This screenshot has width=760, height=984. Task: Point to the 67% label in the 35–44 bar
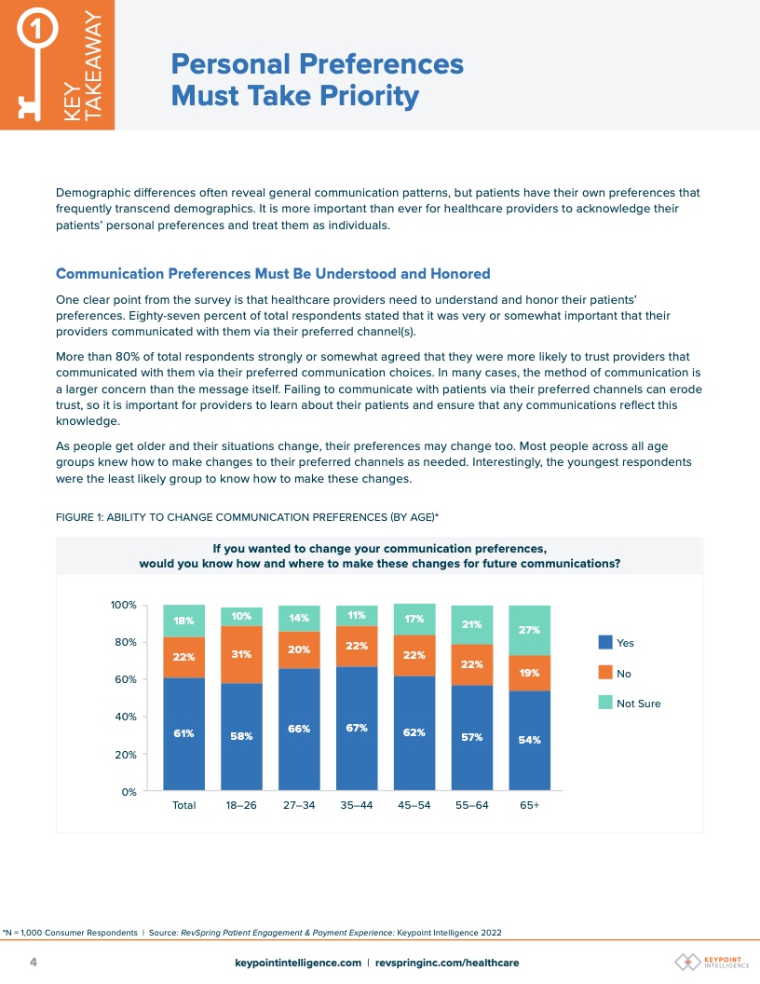(x=357, y=728)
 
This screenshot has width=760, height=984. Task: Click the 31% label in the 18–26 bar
(x=241, y=654)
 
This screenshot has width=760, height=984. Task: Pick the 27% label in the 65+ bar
(x=529, y=630)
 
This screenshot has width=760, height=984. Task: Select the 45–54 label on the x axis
(x=414, y=805)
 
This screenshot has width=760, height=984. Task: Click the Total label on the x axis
(x=183, y=805)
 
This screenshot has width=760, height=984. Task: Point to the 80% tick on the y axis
(x=124, y=642)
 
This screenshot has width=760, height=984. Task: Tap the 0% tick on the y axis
(x=128, y=792)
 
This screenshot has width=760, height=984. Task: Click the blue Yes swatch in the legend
(x=604, y=642)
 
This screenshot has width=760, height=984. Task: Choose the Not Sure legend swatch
(x=604, y=703)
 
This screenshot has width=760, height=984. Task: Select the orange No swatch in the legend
(x=604, y=673)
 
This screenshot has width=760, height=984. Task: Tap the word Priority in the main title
(x=367, y=96)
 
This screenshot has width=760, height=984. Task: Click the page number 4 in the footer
(x=34, y=962)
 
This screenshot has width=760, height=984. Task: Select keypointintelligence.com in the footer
(x=298, y=963)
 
